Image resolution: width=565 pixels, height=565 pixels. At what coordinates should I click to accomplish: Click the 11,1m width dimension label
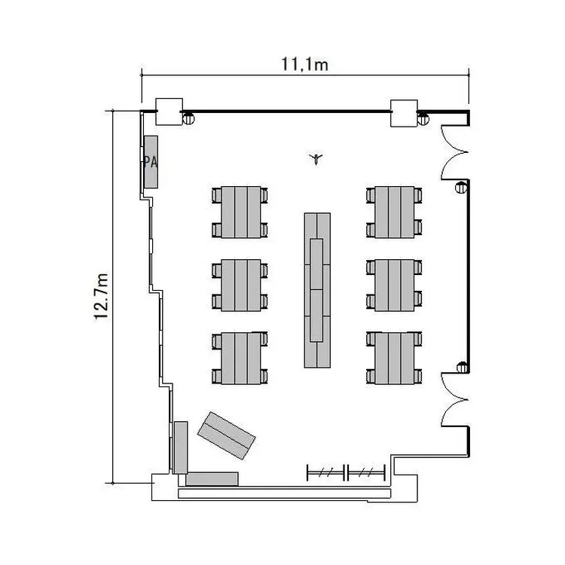(304, 65)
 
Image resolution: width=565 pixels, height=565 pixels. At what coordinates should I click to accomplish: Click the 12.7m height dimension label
(101, 297)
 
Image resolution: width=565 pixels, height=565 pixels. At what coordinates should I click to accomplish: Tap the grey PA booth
(151, 162)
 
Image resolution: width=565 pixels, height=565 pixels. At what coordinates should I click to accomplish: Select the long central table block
(317, 290)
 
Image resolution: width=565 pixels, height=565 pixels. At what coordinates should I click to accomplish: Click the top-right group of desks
(394, 212)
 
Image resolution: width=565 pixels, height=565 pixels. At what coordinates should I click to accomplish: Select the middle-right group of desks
(394, 285)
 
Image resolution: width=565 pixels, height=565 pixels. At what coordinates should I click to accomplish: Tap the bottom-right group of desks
(394, 358)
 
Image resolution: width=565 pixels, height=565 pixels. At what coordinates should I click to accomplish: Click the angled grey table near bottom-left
(227, 435)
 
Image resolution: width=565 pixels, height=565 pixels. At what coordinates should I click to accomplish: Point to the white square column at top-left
(169, 111)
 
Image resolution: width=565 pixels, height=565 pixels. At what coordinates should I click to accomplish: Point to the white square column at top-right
(405, 113)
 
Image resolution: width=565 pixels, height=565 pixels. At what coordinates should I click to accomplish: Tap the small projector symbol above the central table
(316, 158)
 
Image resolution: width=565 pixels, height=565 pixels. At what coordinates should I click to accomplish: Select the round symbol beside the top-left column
(188, 118)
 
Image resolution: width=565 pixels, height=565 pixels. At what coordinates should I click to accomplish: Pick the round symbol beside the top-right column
(423, 119)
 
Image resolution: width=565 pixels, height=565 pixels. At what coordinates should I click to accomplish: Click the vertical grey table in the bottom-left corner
(181, 447)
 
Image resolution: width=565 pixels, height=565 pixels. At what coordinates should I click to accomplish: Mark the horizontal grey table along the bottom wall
(212, 479)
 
